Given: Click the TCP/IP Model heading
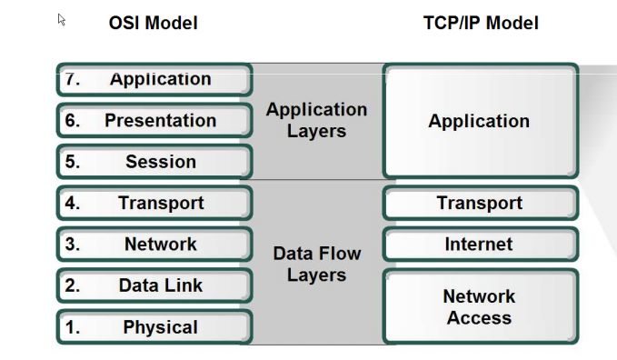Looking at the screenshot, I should [480, 23].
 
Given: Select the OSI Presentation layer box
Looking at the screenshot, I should [154, 121].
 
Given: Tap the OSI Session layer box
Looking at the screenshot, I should [154, 162].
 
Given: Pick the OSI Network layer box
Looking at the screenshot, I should [154, 245].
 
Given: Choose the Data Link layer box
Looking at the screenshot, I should [154, 285].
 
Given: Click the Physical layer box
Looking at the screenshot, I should [154, 327].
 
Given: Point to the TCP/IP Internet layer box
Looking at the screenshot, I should [479, 245].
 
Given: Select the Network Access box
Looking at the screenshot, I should [479, 306].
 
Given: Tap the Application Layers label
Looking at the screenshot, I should [316, 120].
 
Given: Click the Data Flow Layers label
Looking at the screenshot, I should [316, 264].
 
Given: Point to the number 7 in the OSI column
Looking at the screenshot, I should [73, 79].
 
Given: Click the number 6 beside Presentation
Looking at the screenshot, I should [73, 121].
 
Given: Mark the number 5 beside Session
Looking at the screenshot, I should [73, 162].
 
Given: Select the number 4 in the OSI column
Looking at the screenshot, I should [73, 204].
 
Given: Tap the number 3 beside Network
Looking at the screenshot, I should [73, 245].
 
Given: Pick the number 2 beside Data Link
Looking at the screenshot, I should [73, 285].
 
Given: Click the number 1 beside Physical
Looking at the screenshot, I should [73, 327].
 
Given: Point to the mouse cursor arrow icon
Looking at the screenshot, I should [62, 19].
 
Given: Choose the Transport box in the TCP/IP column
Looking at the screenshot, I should [479, 204].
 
